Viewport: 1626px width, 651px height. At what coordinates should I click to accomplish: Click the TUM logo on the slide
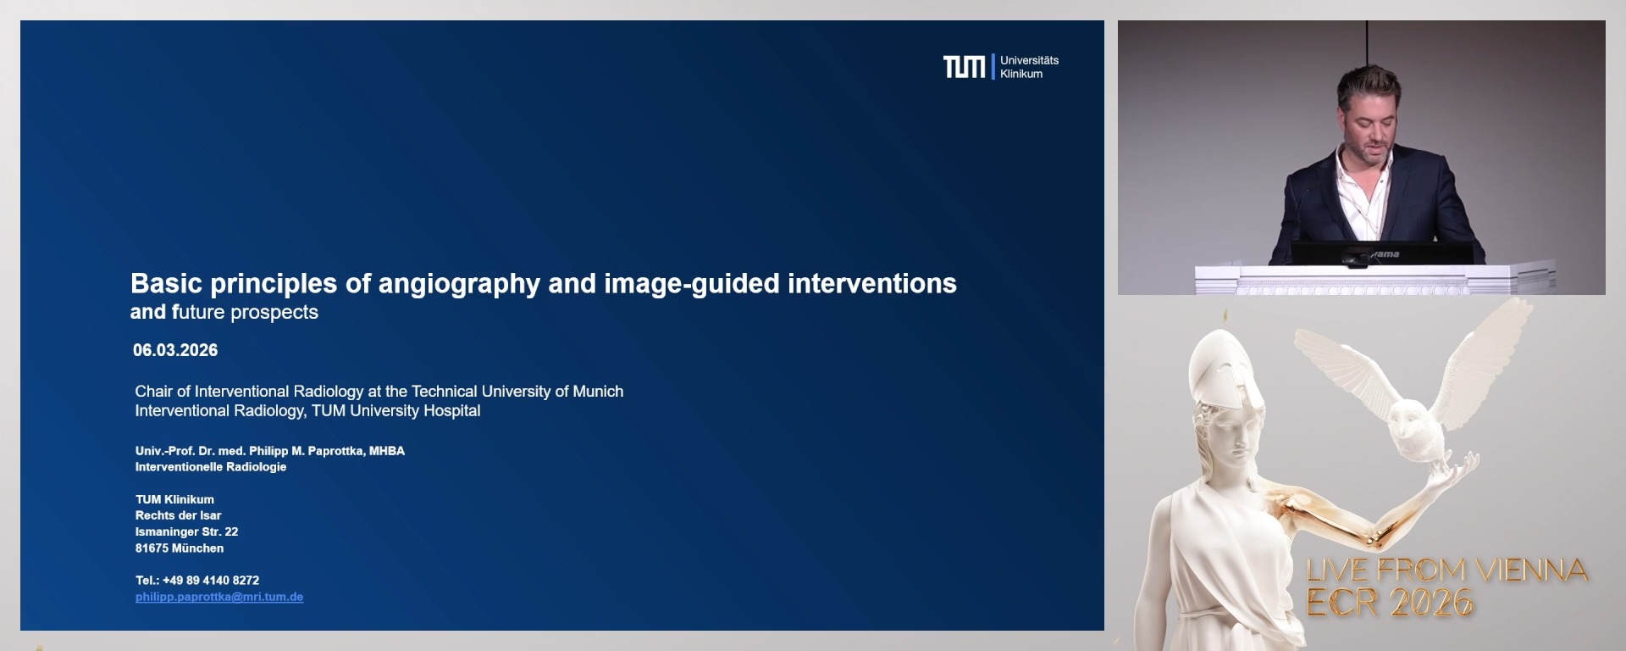tap(964, 67)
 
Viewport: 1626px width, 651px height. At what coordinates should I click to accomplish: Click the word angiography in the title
tap(458, 284)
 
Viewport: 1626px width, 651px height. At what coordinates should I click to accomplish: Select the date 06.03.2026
tap(175, 350)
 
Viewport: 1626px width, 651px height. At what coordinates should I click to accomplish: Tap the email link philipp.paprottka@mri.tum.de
tap(219, 597)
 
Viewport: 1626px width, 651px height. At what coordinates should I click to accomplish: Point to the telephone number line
tap(197, 581)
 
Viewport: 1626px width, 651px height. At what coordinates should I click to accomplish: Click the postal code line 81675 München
tap(180, 548)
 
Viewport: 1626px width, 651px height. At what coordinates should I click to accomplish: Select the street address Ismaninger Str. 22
tap(186, 531)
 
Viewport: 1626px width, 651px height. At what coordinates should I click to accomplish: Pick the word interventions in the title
tap(871, 283)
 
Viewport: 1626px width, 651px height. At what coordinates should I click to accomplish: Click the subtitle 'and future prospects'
tap(224, 312)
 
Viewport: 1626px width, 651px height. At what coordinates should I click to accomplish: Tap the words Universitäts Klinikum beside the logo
tap(1029, 67)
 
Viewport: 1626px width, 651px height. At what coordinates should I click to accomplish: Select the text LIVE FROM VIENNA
tap(1446, 570)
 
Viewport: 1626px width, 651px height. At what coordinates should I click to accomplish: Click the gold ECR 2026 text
tap(1390, 603)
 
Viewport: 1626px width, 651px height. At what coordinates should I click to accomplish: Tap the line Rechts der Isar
tap(178, 515)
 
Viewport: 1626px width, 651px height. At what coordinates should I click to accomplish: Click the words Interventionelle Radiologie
tap(211, 467)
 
